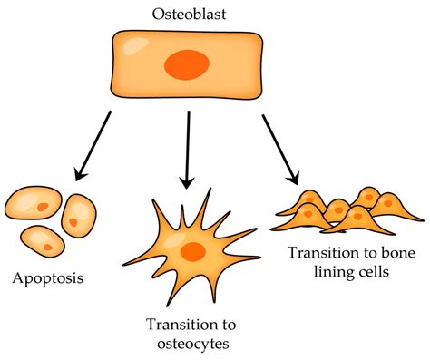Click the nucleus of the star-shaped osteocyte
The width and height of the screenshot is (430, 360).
click(191, 251)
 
